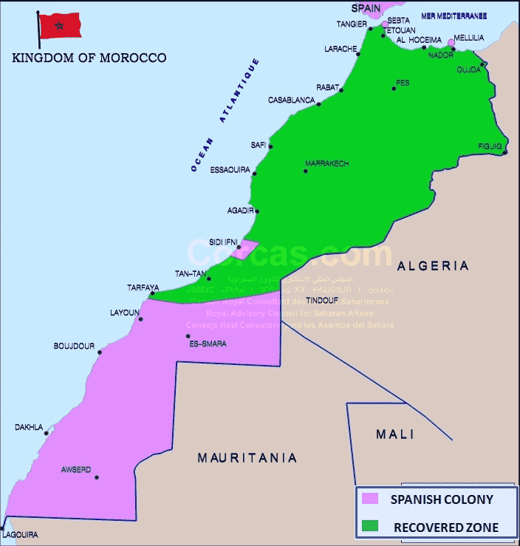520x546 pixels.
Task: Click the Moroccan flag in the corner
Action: coord(60,26)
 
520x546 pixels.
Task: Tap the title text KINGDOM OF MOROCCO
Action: coord(89,58)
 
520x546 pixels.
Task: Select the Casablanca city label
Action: coord(291,100)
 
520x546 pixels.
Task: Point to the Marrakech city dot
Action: coord(305,171)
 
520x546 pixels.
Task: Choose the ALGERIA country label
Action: coord(433,266)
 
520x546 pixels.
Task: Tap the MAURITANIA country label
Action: coord(247,458)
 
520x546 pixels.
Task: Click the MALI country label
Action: coord(395,434)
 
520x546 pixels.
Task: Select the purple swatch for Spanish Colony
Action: coord(369,500)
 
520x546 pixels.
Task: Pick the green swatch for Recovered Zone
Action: coord(369,527)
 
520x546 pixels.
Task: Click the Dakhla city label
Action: coord(29,427)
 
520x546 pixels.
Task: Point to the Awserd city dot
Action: coord(96,477)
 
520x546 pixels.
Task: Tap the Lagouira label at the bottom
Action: coord(20,534)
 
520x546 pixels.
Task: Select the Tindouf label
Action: coord(322,301)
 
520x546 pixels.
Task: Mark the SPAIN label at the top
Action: coord(366,8)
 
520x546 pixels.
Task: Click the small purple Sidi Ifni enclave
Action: coord(244,248)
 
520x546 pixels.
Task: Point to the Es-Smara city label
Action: coord(208,344)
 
